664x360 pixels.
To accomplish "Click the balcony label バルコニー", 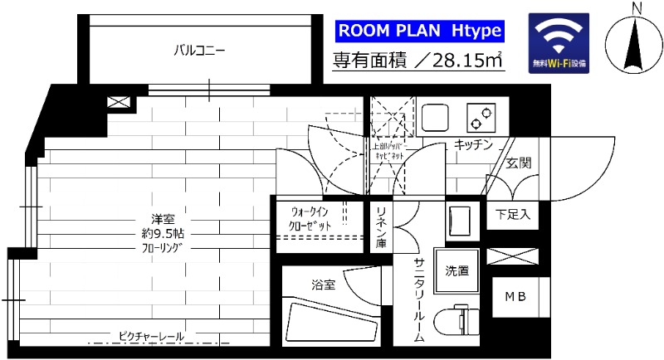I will click(199, 51).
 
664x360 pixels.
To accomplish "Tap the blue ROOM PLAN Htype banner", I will click(419, 32).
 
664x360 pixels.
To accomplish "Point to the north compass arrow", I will click(637, 45).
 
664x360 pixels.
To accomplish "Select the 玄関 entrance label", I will click(519, 163).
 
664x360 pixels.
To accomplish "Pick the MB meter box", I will click(514, 294).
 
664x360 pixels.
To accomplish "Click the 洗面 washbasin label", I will click(456, 270).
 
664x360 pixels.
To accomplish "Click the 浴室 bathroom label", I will click(324, 285).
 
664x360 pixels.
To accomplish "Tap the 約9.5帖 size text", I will click(156, 234).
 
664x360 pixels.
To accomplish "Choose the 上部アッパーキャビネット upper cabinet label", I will click(389, 151).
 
